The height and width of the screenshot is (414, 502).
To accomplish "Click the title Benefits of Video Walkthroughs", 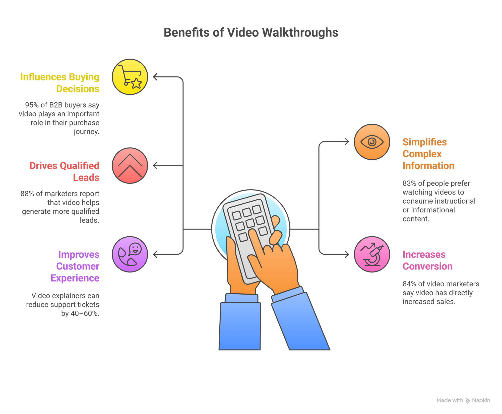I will click(251, 32).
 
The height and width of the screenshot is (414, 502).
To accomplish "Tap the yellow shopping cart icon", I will click(130, 77).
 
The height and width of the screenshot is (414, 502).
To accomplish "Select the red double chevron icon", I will click(130, 166).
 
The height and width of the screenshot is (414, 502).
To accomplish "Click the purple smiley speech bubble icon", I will click(130, 254).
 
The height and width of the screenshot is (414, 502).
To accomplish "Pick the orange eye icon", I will click(372, 142).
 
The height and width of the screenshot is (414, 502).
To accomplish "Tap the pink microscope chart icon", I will click(372, 254).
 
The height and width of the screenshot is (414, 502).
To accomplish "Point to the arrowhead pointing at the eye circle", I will click(347, 142).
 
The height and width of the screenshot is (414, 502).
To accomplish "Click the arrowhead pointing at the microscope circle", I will click(347, 254).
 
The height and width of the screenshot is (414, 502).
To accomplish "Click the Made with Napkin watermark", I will click(463, 400).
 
